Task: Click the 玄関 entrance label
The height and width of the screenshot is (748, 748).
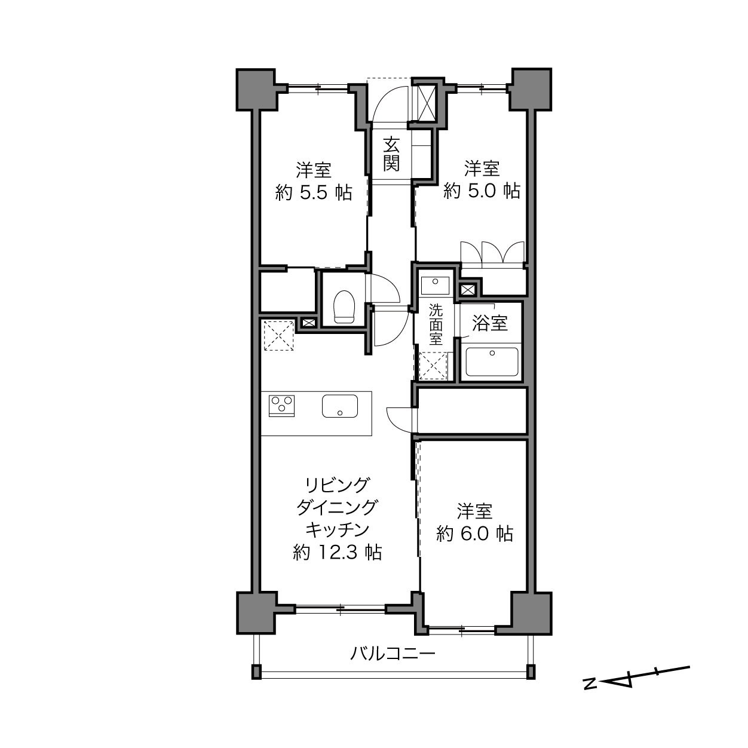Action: click(391, 154)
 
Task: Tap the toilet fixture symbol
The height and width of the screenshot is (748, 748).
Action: click(344, 306)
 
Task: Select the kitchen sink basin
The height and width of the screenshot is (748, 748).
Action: click(340, 406)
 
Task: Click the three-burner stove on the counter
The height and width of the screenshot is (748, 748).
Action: click(281, 406)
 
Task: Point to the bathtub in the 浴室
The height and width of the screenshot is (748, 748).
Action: click(492, 362)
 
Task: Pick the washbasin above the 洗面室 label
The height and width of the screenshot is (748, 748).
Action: click(435, 286)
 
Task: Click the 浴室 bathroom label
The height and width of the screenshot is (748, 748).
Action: click(490, 323)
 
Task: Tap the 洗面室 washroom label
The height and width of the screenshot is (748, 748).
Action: click(436, 324)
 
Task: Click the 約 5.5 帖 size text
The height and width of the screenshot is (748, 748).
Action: click(314, 192)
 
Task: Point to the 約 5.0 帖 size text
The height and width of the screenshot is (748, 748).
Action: click(482, 191)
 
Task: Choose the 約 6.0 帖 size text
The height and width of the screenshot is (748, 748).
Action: click(475, 534)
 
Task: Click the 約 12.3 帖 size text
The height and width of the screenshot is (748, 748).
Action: click(338, 552)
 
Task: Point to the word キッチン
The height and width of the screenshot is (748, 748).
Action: click(337, 530)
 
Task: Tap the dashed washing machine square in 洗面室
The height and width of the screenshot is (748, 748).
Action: click(433, 366)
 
